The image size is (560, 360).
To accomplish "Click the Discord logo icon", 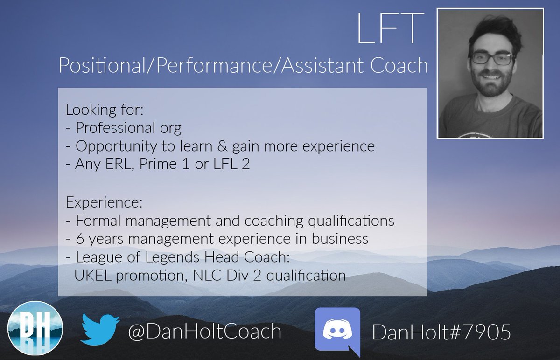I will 337,332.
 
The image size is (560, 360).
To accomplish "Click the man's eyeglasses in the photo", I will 492,59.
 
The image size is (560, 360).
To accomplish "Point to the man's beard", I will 490,86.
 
